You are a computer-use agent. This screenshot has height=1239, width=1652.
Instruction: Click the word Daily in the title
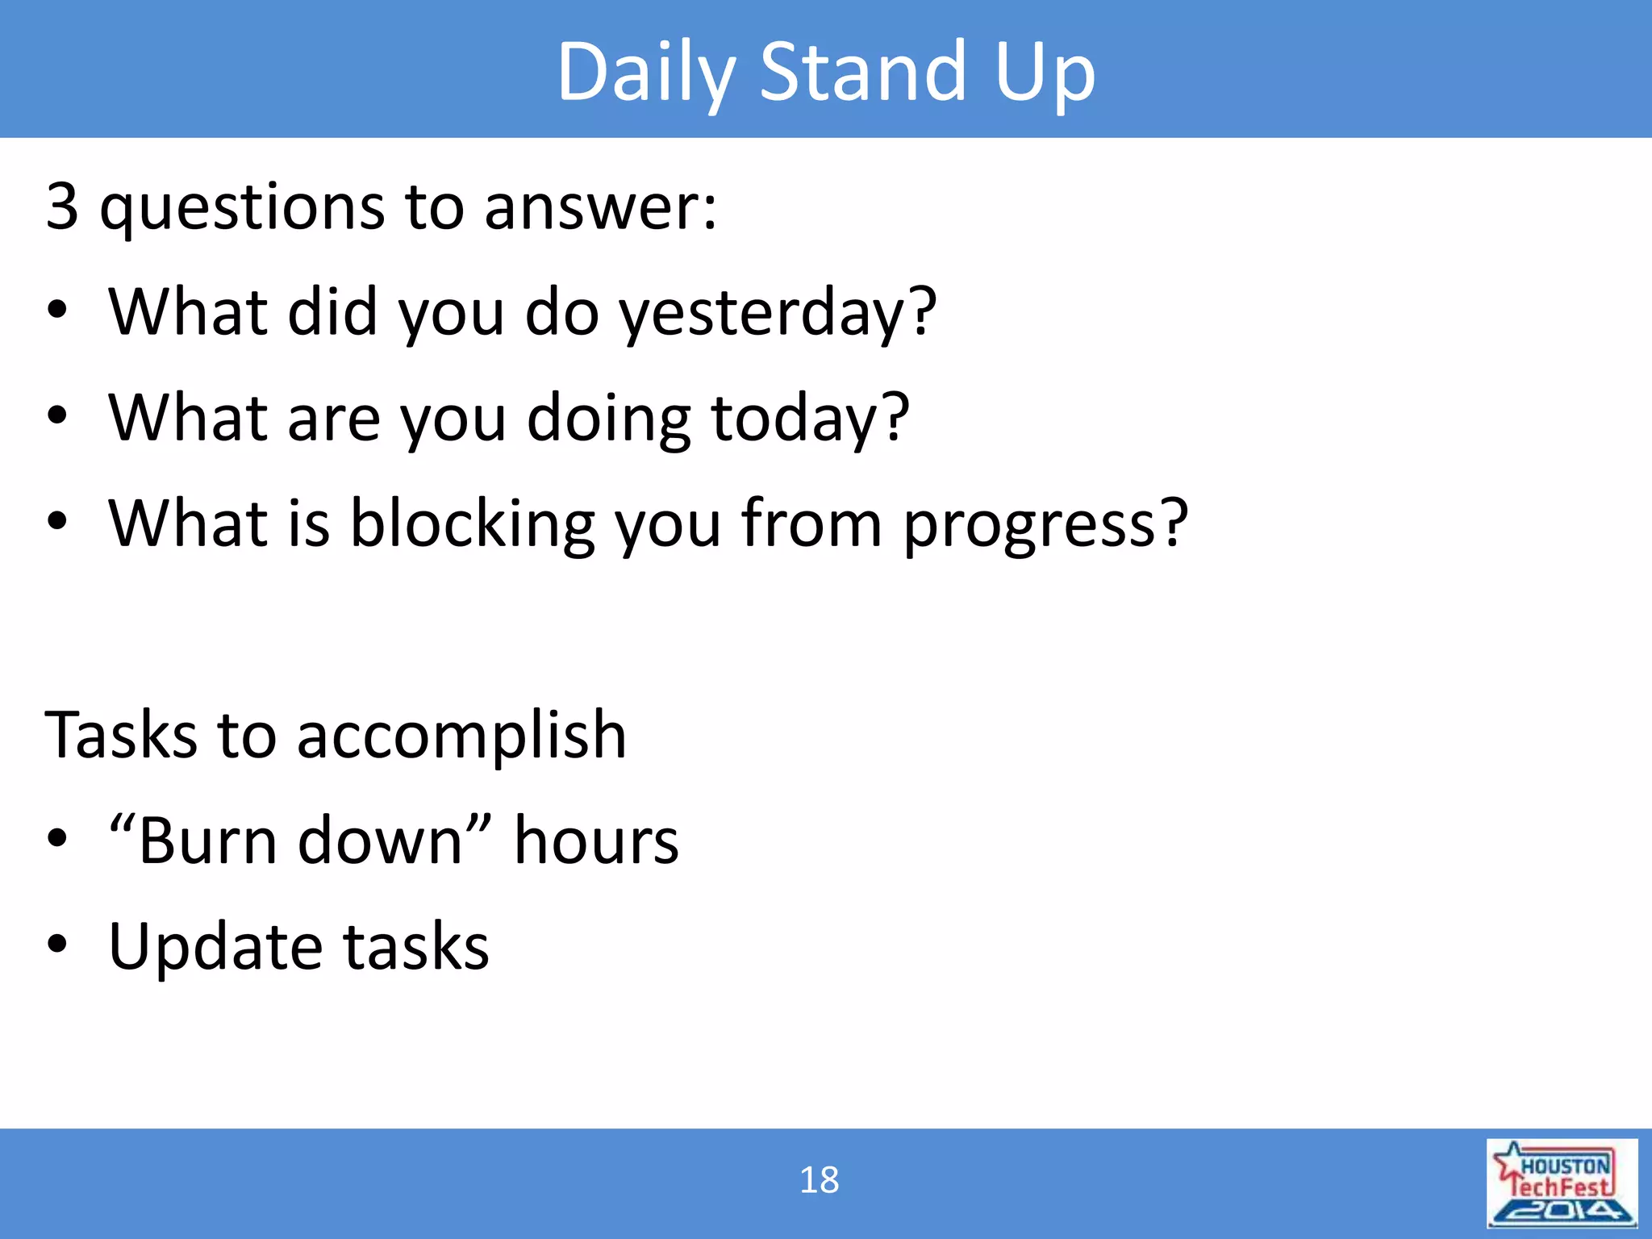pos(645,73)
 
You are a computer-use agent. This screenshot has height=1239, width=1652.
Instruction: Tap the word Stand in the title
pos(861,73)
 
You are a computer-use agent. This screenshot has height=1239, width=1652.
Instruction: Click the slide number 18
pos(819,1180)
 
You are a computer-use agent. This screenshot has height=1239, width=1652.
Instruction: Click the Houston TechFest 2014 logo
pos(1562,1183)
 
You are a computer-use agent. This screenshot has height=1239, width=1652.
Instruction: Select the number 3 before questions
pos(62,206)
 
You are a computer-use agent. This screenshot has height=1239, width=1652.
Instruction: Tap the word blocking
pos(472,524)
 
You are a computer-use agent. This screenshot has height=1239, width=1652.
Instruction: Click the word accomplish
pos(461,736)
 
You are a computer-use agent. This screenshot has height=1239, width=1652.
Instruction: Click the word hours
pos(596,841)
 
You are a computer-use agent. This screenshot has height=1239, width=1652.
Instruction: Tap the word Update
pos(215,947)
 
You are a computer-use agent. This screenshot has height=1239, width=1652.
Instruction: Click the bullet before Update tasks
pos(56,943)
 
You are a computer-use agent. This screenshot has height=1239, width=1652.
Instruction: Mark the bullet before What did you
pos(56,310)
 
